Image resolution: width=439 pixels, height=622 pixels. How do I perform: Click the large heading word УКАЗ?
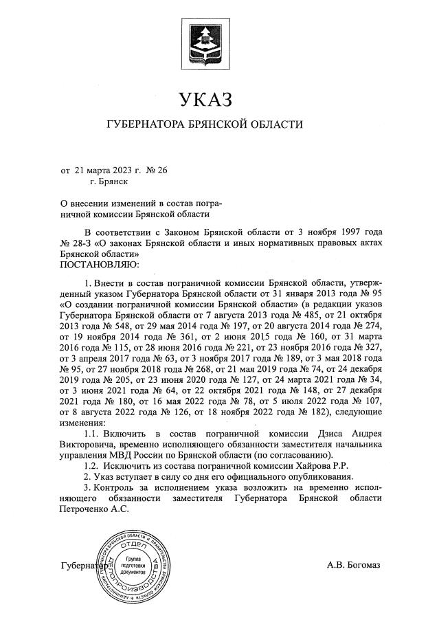click(x=205, y=100)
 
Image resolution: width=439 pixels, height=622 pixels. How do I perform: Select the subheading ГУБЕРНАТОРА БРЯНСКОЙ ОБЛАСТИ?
click(x=205, y=126)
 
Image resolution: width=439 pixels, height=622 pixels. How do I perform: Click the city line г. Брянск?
click(x=109, y=182)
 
